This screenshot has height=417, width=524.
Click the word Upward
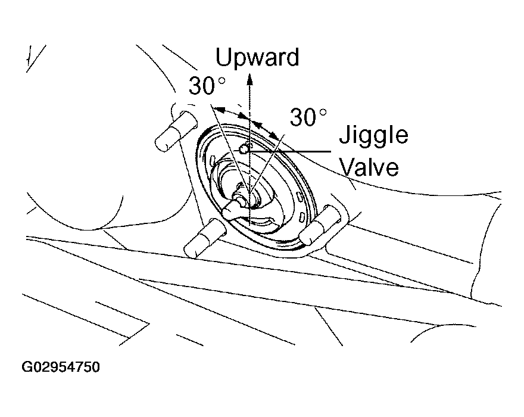point(257,58)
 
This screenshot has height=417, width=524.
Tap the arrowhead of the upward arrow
point(249,79)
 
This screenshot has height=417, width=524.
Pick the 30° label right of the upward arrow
point(308,117)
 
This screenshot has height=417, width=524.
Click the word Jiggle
point(373,136)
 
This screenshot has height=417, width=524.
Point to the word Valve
point(370,167)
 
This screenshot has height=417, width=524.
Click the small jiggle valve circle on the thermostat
point(244,150)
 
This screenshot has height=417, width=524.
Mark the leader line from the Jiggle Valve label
point(289,151)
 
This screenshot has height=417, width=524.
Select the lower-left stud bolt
point(205,238)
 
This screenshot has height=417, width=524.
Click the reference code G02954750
point(61,367)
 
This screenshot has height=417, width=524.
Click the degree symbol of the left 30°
point(222,80)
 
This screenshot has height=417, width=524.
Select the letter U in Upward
point(223,57)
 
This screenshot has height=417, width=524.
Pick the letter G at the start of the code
point(27,367)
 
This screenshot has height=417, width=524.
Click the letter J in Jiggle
point(345,135)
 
